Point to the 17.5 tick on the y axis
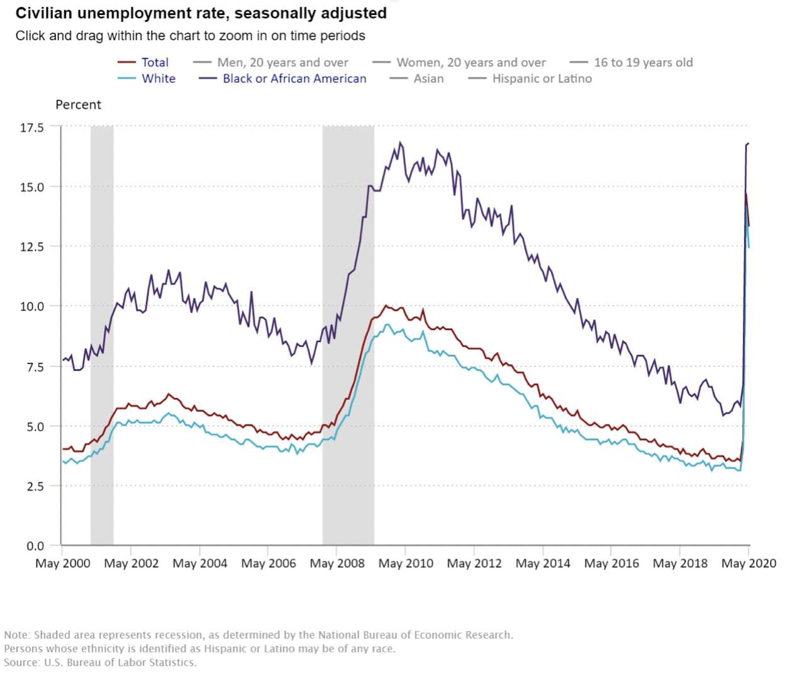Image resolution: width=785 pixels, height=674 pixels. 32,128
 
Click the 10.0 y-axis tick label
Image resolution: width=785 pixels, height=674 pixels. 32,306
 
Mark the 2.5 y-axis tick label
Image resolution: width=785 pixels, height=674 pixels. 35,486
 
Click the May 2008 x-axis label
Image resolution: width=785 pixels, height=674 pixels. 337,563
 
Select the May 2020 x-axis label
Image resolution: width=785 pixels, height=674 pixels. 749,563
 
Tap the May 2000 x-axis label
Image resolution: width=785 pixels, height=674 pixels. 63,563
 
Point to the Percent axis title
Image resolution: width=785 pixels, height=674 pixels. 78,104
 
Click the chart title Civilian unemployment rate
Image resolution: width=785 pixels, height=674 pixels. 201,13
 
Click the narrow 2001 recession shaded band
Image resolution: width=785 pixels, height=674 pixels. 102,333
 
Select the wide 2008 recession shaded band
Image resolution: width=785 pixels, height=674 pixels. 348,333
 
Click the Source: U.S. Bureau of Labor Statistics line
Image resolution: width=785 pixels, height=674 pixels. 100,662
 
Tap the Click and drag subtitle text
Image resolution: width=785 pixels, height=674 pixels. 190,36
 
